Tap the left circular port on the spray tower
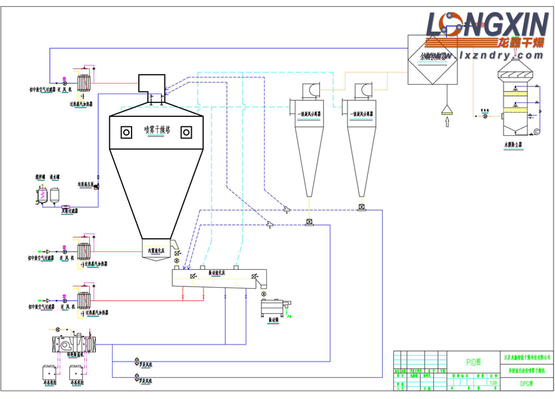pyautogui.click(x=127, y=132)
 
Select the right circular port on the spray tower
pyautogui.click(x=186, y=132)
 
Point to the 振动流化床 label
pyautogui.click(x=217, y=273)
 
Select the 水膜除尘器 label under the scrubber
pyautogui.click(x=513, y=144)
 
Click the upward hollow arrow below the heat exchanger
pyautogui.click(x=446, y=122)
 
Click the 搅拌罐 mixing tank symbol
pyautogui.click(x=41, y=195)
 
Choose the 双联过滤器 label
pyautogui.click(x=69, y=211)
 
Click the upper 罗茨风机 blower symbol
pyautogui.click(x=135, y=364)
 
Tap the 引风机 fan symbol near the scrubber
pyautogui.click(x=485, y=117)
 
